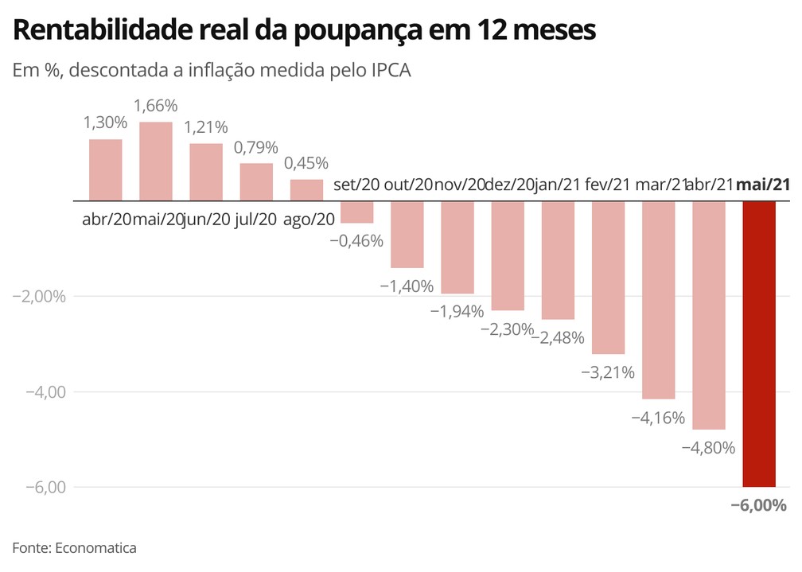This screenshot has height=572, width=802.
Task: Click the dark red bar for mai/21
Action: (x=759, y=344)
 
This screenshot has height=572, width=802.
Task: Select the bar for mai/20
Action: (x=156, y=161)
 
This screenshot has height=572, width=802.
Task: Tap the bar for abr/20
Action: (x=105, y=170)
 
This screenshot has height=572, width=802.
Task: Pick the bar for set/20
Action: (x=357, y=212)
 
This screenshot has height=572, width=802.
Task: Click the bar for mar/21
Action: (x=659, y=300)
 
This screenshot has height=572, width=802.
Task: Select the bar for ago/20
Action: (x=306, y=190)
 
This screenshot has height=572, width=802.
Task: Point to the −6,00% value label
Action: (x=758, y=505)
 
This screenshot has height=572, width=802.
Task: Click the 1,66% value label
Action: (x=156, y=106)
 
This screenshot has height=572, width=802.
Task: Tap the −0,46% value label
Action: (x=356, y=239)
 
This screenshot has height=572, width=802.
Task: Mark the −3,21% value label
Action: (x=608, y=372)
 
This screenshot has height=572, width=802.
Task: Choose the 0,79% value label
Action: (x=256, y=147)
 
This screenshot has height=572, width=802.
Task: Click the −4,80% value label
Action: (x=708, y=447)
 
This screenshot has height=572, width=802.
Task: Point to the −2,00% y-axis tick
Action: (x=37, y=297)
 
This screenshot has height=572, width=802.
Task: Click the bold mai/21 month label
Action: (x=762, y=185)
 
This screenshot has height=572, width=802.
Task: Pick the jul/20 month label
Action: (x=256, y=220)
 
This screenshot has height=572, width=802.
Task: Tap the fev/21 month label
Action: (x=607, y=185)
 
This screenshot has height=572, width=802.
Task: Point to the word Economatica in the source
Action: (x=95, y=547)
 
